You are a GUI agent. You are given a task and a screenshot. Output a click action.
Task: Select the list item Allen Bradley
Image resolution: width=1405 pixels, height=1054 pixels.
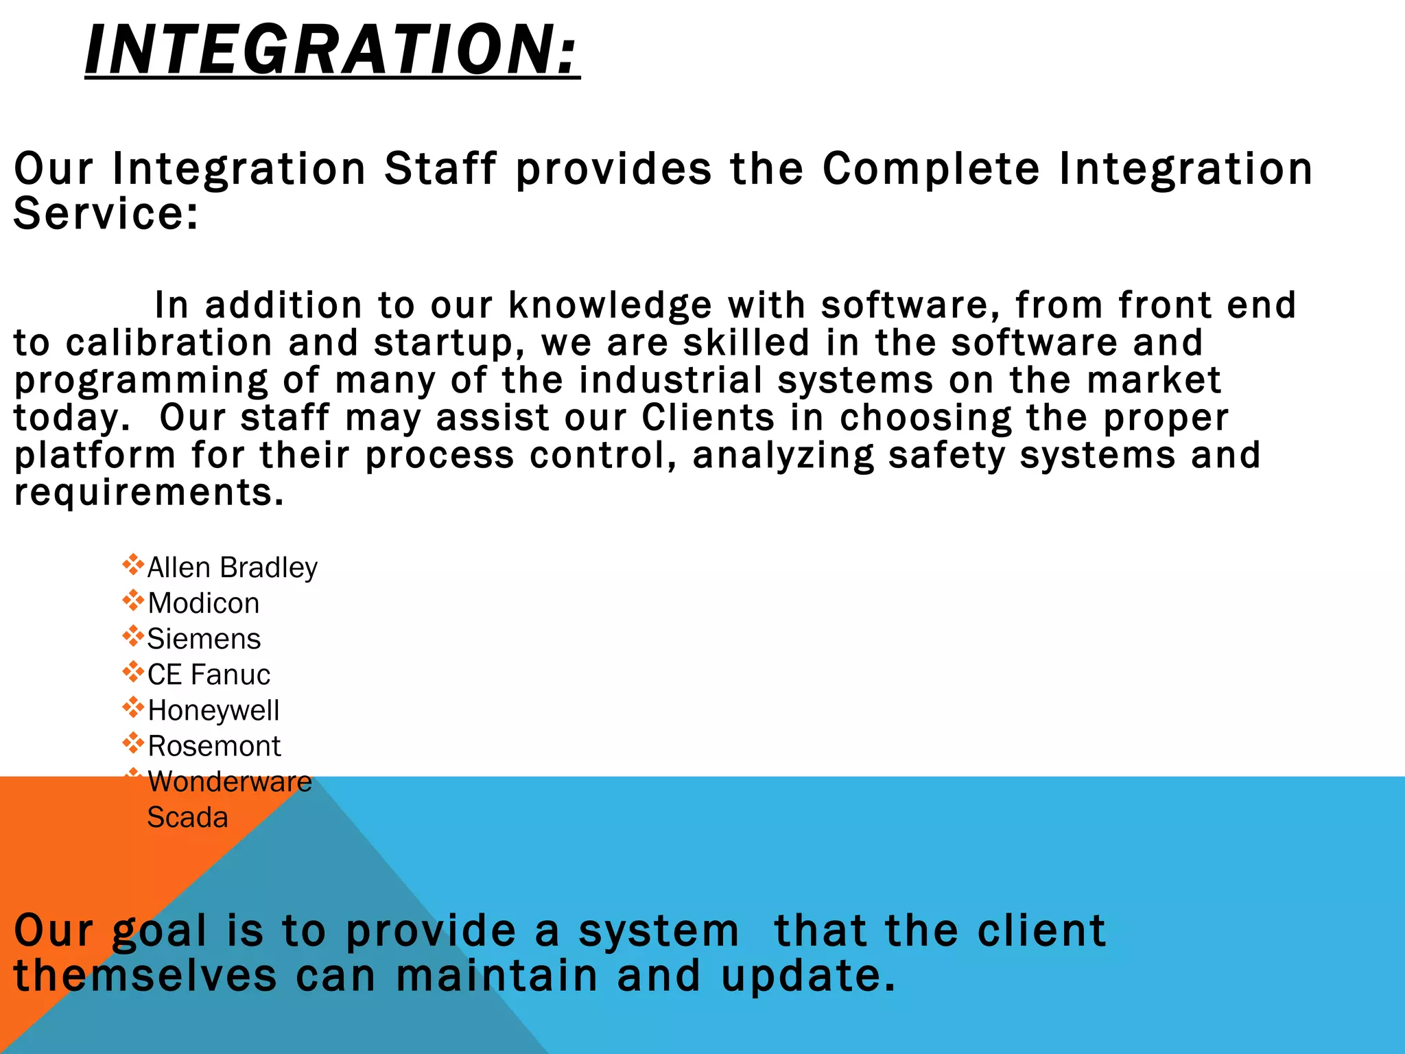pos(232,568)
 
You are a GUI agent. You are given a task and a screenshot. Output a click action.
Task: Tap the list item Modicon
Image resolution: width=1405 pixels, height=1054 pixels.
pos(204,604)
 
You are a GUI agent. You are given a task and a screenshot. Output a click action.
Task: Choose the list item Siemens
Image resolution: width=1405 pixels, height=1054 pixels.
pos(204,640)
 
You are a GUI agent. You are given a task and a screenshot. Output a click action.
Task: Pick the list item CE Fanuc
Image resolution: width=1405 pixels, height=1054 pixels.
pos(209,675)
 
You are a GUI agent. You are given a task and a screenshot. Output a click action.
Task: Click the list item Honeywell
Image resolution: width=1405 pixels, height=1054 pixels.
pos(213,711)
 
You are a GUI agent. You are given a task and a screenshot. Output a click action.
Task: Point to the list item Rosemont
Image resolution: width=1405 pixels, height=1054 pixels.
pos(214,747)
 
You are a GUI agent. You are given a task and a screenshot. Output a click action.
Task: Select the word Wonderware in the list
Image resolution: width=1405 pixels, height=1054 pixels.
pos(230,782)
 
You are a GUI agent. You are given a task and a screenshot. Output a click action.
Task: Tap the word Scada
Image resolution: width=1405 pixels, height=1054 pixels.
pos(187,818)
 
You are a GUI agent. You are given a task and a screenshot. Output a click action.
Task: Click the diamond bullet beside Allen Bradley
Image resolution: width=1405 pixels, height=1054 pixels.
pos(132,565)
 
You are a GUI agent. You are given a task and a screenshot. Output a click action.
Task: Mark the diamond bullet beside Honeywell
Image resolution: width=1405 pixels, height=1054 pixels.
pos(132,707)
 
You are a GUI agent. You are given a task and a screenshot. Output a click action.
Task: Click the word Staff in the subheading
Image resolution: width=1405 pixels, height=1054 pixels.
pos(440,169)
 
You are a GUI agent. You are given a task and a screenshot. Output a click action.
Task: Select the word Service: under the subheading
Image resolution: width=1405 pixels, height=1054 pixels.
pos(106,213)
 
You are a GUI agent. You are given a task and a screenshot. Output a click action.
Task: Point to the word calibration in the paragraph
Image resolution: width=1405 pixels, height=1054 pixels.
pos(169,343)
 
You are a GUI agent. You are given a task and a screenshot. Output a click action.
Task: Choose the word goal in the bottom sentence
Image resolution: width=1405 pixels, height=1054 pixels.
pos(159,932)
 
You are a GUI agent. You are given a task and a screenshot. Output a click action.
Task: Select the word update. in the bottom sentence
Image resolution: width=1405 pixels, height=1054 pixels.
pos(808,976)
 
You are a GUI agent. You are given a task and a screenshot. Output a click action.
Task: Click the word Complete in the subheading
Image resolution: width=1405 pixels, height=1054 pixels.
pos(931,169)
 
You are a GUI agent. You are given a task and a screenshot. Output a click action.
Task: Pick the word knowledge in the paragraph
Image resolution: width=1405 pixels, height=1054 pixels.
pos(610,306)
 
